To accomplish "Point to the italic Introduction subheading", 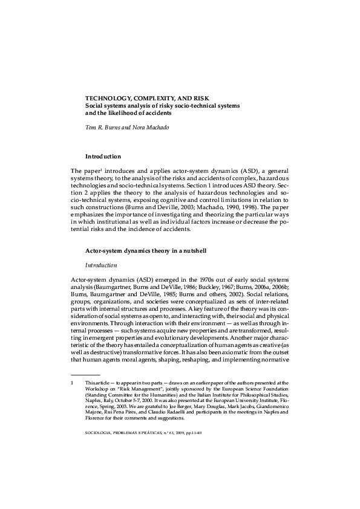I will [x=100, y=265].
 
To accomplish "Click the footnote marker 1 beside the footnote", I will [x=72, y=384].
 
